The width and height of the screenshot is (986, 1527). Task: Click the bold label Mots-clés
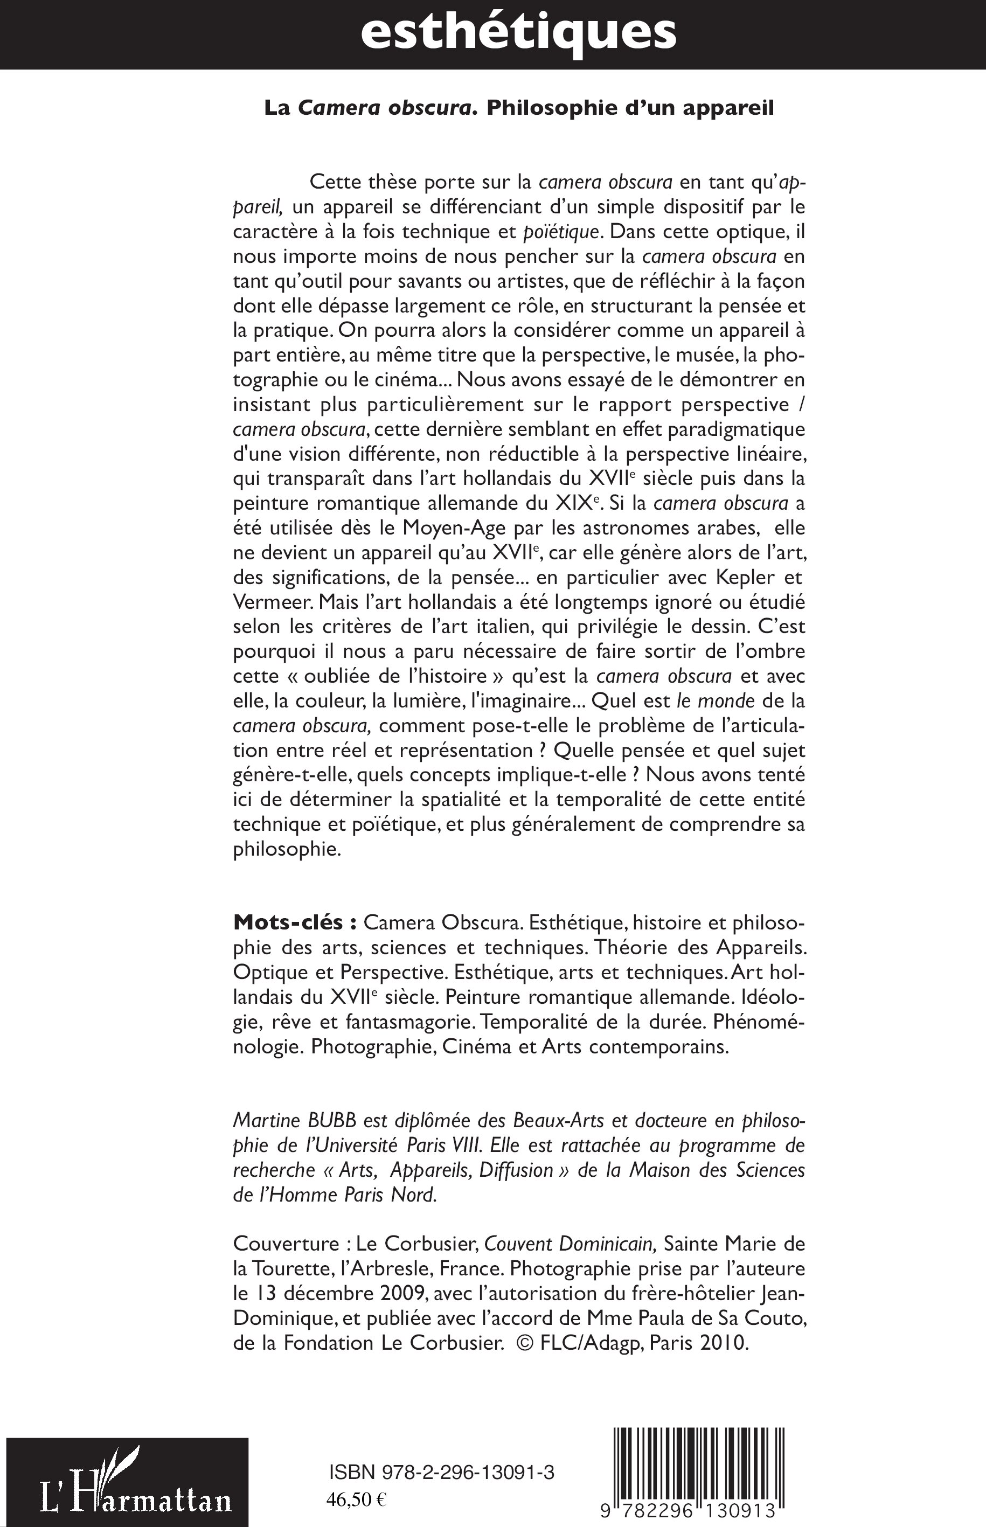coord(295,922)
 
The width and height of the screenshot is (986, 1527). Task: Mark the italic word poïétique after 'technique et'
coord(561,231)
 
